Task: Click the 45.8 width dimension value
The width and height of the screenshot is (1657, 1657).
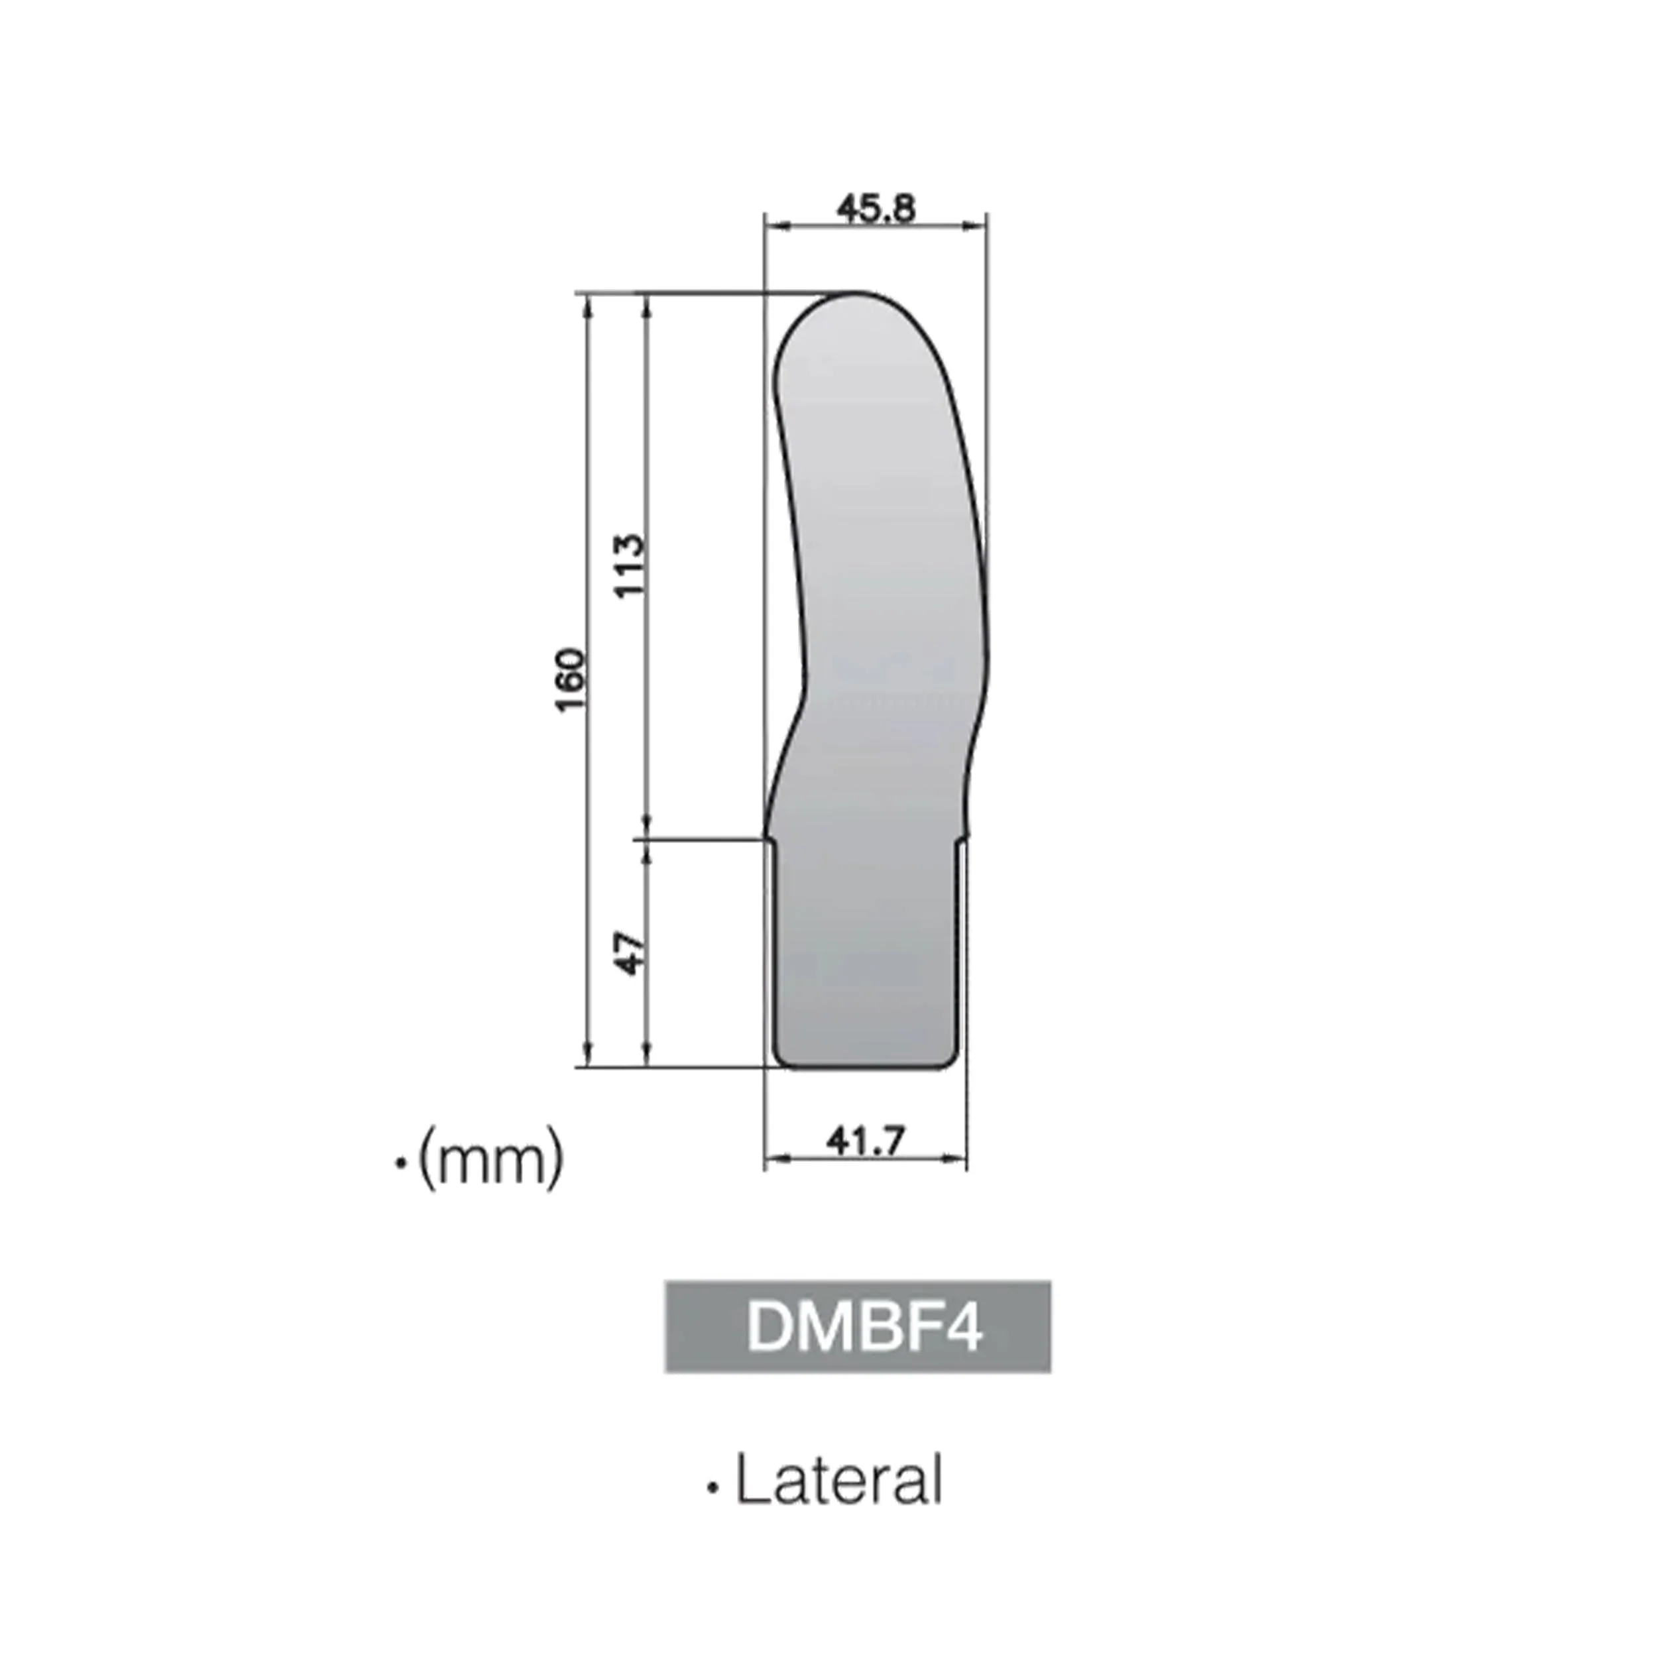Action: (x=876, y=208)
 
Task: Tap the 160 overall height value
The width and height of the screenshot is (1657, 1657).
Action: (x=571, y=679)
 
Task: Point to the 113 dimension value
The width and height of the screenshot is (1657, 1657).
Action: (x=630, y=566)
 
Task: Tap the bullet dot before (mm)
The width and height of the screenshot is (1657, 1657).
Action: (x=400, y=1164)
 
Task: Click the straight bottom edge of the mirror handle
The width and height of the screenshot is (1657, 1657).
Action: (x=864, y=1068)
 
